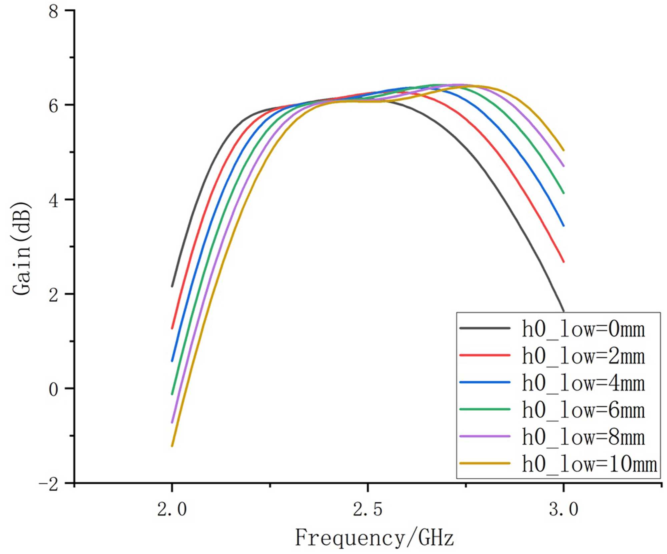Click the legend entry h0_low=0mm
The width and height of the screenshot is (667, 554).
click(x=583, y=329)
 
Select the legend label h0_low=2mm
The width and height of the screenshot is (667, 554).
click(x=583, y=356)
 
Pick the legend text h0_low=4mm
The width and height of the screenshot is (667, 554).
click(x=583, y=383)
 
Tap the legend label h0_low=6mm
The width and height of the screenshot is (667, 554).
click(x=583, y=410)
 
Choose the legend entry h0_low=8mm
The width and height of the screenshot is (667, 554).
click(x=583, y=437)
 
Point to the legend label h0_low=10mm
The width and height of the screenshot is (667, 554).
click(x=589, y=464)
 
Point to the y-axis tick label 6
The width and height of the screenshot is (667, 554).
click(x=53, y=106)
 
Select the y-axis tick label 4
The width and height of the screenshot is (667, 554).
click(x=53, y=200)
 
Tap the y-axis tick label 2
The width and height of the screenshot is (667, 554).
click(x=53, y=295)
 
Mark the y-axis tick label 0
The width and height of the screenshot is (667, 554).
click(x=53, y=389)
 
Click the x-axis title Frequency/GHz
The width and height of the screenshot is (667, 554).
click(x=374, y=538)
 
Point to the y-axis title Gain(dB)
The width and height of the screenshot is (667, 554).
click(x=22, y=248)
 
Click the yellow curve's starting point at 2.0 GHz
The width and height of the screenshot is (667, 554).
click(x=172, y=446)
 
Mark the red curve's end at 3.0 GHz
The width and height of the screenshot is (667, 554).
click(x=564, y=262)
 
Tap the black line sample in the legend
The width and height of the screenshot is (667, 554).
click(x=485, y=329)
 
